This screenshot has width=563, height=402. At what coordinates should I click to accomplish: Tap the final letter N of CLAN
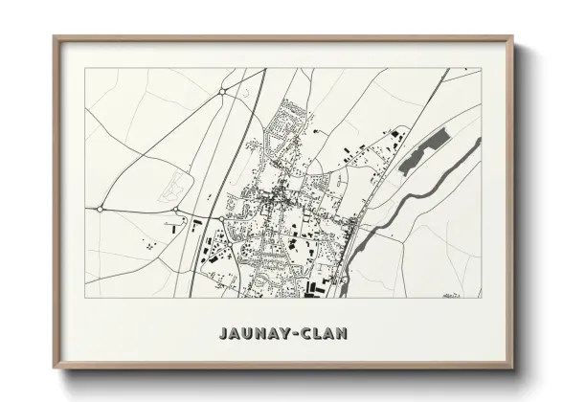coord(343,334)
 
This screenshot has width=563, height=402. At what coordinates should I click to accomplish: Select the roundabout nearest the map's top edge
coord(221,92)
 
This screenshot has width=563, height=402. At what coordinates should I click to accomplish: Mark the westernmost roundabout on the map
coord(101,208)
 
